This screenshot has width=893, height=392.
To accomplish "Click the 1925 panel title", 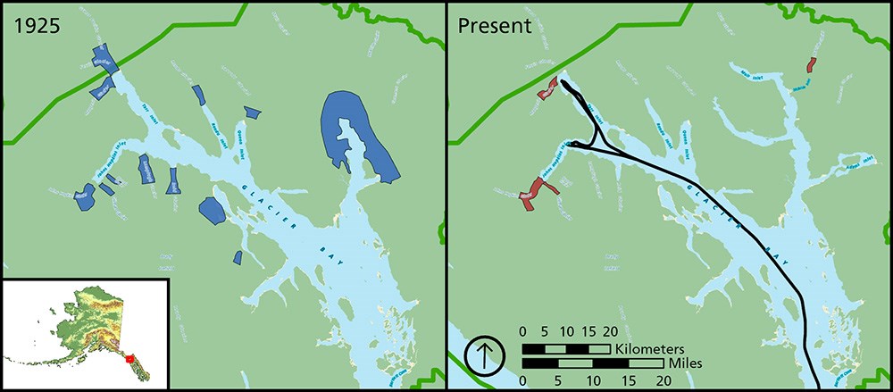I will pos(36,25).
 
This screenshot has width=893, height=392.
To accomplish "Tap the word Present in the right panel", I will pos(495,25).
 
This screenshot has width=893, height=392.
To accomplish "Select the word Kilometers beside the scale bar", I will pos(650,347).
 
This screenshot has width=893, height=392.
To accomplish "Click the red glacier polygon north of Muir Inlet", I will pos(811,65).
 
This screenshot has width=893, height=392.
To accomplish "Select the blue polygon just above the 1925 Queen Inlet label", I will pos(253,113).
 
